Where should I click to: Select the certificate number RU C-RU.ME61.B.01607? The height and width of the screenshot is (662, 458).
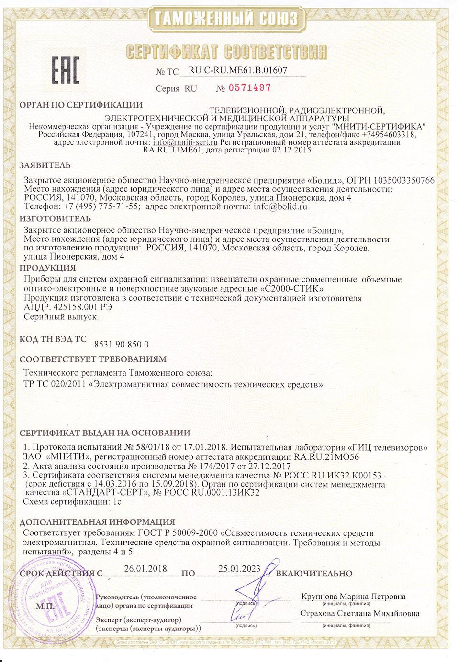click(238, 70)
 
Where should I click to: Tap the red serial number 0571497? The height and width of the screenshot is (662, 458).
click(250, 88)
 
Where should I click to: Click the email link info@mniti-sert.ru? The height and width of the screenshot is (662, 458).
click(185, 142)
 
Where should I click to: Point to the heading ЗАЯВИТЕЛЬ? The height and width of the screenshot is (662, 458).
click(45, 165)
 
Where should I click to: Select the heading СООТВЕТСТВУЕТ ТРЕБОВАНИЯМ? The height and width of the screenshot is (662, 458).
click(93, 358)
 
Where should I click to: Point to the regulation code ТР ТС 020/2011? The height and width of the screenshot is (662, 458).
click(55, 383)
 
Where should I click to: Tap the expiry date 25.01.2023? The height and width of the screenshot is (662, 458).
click(239, 569)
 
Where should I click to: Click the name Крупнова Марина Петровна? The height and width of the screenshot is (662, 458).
click(353, 597)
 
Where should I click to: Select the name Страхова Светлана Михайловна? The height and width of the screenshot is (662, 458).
click(360, 613)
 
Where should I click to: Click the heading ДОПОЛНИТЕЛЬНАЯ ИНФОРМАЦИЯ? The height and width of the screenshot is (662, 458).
click(97, 522)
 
